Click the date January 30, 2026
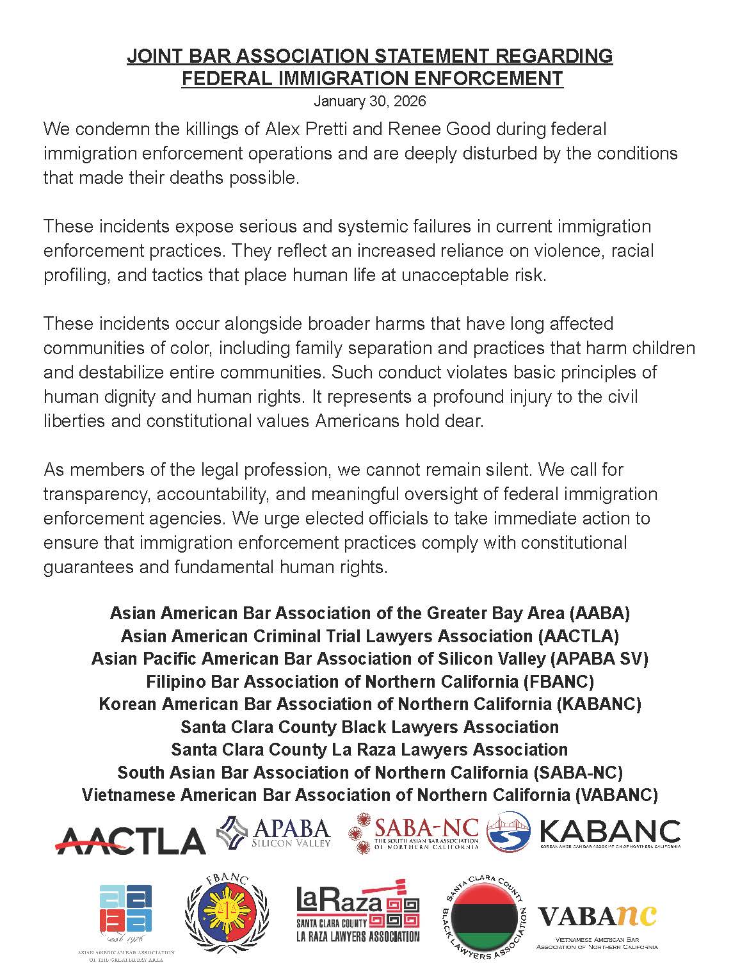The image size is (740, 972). pyautogui.click(x=369, y=101)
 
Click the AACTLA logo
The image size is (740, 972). pyautogui.click(x=130, y=839)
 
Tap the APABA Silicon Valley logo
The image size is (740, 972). pyautogui.click(x=274, y=832)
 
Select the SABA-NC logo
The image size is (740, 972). pyautogui.click(x=414, y=833)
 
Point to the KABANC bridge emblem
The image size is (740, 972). pyautogui.click(x=509, y=832)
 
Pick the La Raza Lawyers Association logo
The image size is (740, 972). pyautogui.click(x=358, y=910)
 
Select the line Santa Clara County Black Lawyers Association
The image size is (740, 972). pyautogui.click(x=369, y=727)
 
